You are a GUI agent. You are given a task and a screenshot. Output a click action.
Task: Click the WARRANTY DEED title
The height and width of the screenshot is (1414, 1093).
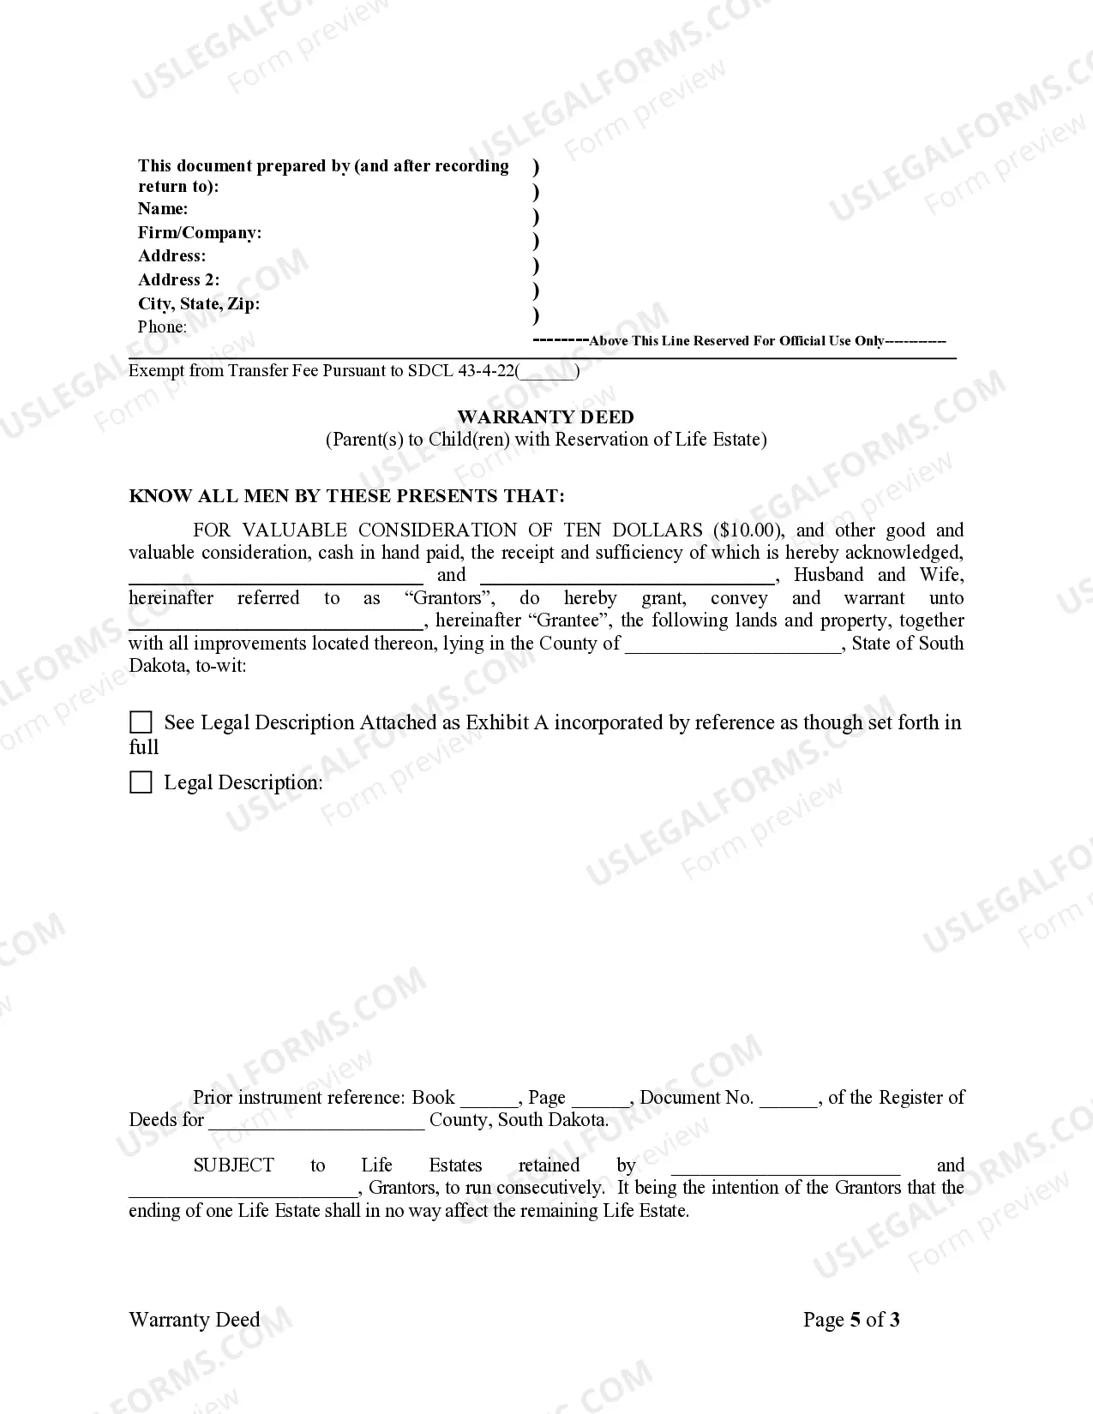click(x=545, y=417)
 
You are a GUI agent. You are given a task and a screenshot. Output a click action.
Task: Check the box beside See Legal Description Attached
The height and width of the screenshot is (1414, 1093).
click(x=141, y=722)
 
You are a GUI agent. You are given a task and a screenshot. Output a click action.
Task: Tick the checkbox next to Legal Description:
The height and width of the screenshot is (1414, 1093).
click(x=141, y=782)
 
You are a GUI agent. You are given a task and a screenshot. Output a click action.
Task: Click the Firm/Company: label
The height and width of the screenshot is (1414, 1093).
click(x=200, y=233)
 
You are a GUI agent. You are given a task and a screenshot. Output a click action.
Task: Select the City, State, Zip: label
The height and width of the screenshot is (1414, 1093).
click(x=199, y=304)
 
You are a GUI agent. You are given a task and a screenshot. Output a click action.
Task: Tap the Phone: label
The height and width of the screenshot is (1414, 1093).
click(x=162, y=327)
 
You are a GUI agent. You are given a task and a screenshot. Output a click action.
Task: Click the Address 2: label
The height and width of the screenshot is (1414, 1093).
click(x=178, y=280)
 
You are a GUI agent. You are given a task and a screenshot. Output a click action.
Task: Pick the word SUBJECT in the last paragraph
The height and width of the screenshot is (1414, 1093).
click(x=233, y=1165)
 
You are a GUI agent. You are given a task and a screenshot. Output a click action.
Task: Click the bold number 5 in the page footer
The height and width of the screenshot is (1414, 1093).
click(x=855, y=1320)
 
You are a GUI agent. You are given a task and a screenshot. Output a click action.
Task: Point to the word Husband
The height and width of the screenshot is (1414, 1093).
click(x=828, y=575)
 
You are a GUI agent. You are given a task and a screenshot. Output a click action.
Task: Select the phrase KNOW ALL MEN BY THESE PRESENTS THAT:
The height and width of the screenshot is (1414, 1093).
click(x=346, y=496)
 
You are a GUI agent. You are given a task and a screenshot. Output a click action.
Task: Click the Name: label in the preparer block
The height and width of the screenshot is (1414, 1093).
click(x=163, y=209)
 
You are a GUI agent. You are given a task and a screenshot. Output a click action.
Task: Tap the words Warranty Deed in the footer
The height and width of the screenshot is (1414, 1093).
click(x=194, y=1320)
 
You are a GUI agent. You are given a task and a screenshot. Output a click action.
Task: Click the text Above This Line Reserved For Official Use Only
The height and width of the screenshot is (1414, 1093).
click(x=737, y=341)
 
